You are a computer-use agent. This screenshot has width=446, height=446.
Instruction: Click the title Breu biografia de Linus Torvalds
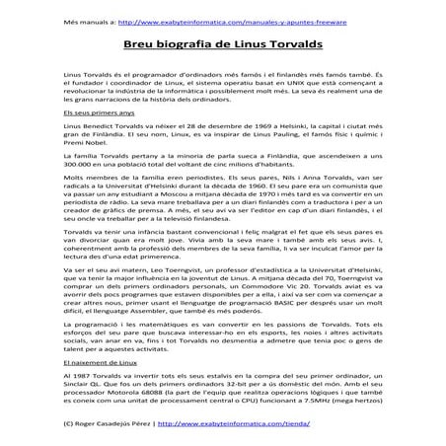pos(222,44)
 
